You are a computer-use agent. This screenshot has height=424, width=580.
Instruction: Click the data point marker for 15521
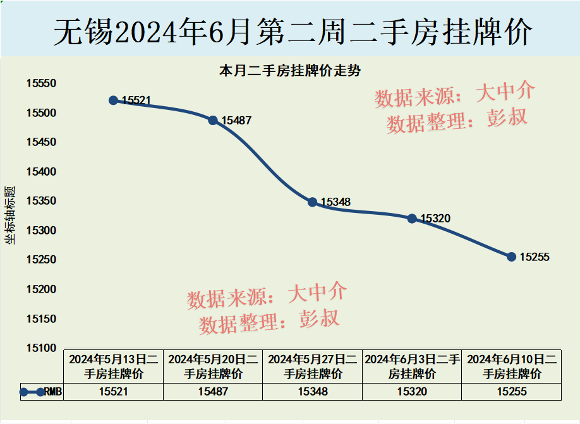click(x=114, y=100)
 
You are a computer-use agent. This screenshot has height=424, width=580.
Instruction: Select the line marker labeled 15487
click(x=213, y=120)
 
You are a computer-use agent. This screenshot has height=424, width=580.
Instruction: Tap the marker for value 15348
click(x=312, y=202)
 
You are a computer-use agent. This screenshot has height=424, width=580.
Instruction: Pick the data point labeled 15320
click(x=412, y=218)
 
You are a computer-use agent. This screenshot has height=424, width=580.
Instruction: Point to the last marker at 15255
click(x=511, y=257)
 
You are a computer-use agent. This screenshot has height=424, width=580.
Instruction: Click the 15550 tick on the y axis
click(x=40, y=84)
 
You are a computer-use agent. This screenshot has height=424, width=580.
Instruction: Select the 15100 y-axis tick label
click(x=40, y=348)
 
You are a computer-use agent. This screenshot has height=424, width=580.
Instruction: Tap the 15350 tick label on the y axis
click(x=40, y=201)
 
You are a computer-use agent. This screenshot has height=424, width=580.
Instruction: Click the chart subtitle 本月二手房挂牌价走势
click(x=289, y=70)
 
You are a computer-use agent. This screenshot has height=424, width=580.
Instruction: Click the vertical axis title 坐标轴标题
click(x=10, y=215)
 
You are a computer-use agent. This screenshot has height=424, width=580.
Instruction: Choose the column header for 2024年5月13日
click(x=114, y=366)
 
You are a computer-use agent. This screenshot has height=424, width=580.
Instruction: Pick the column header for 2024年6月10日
click(x=512, y=366)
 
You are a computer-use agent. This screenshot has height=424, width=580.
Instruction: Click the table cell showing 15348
click(x=313, y=392)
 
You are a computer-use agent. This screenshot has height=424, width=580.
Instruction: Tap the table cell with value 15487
click(x=213, y=392)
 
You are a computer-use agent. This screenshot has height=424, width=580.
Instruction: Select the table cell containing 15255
click(x=512, y=392)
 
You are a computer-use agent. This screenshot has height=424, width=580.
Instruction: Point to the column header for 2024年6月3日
click(x=412, y=366)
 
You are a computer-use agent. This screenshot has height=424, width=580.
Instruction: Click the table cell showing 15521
click(x=114, y=392)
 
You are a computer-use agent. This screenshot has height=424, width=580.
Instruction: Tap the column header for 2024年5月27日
click(x=313, y=366)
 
